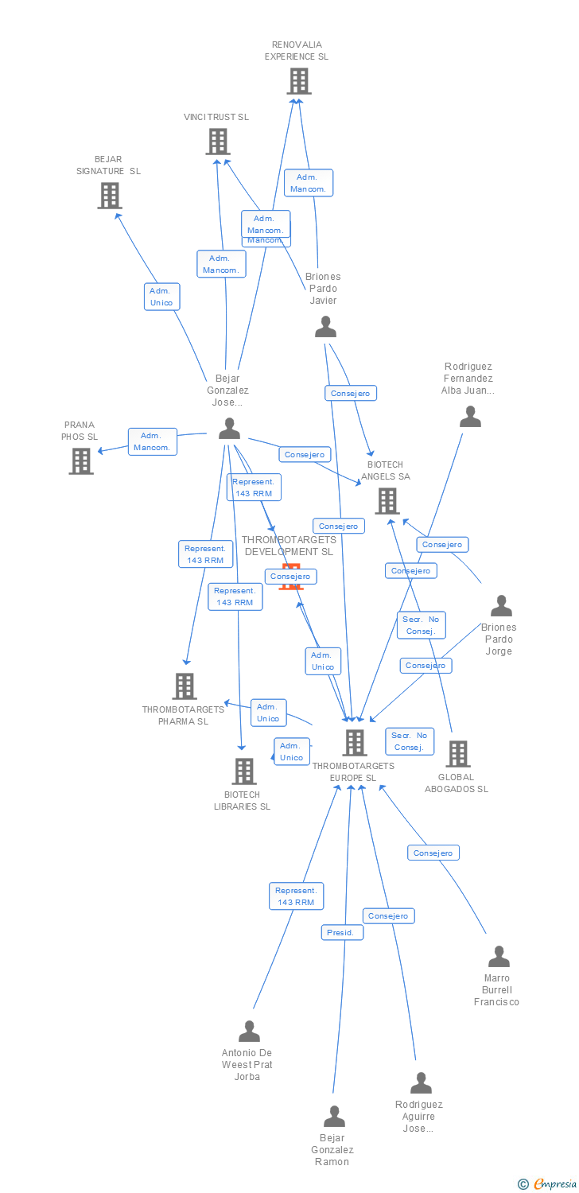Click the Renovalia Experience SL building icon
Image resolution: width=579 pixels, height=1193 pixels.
(x=298, y=81)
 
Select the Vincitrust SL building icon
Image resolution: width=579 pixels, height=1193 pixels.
(x=217, y=142)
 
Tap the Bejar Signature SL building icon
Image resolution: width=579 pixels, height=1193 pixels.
(x=110, y=196)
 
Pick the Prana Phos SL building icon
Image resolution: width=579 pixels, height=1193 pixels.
(x=80, y=461)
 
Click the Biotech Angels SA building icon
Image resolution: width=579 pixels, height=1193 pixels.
(x=387, y=501)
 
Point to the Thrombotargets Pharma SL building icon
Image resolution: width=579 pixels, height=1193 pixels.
(x=184, y=686)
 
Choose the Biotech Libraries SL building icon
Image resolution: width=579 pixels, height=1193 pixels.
(x=243, y=771)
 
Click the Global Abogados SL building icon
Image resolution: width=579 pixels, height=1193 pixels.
(x=457, y=754)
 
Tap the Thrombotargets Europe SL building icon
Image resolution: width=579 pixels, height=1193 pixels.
(x=354, y=743)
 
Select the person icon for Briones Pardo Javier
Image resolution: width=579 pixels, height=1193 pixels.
(x=325, y=327)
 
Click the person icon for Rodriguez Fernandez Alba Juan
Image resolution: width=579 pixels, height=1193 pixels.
(x=470, y=417)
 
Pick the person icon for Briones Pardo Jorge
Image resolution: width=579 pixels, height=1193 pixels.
(x=501, y=606)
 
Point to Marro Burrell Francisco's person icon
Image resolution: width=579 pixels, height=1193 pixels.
(x=499, y=957)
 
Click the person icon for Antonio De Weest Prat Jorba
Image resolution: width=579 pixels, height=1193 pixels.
(x=249, y=1032)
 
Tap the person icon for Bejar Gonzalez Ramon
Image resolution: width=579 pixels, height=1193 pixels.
(x=334, y=1117)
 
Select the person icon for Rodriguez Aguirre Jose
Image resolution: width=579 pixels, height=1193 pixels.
(x=421, y=1083)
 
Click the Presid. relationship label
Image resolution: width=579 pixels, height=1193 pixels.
(x=343, y=932)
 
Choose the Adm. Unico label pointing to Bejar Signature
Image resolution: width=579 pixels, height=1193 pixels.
(x=161, y=297)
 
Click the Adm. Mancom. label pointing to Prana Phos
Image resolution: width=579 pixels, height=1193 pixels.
(x=152, y=441)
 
